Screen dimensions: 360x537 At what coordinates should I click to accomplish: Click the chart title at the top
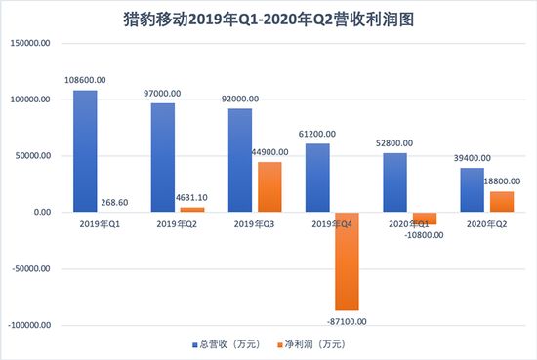269,19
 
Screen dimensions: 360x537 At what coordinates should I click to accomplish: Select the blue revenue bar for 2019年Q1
86,151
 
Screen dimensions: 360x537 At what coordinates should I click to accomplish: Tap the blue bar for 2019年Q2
163,157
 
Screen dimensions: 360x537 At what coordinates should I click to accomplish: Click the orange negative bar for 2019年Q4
348,260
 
